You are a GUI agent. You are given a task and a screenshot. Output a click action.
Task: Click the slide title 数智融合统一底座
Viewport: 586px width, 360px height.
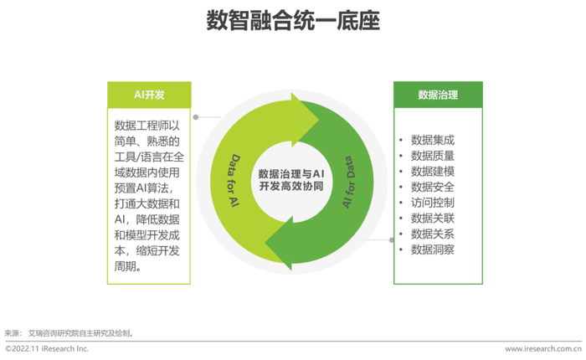click(x=293, y=21)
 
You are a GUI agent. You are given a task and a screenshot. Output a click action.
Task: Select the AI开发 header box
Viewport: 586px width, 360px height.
click(x=149, y=95)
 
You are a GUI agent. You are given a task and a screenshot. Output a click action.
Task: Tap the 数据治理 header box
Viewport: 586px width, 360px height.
click(x=438, y=95)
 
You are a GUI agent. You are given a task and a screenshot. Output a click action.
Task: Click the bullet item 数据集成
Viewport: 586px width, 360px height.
click(x=433, y=140)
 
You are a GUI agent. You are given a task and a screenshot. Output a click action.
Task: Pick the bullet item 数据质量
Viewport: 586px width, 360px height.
click(x=433, y=156)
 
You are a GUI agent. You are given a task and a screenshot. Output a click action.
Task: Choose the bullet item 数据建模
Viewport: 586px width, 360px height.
click(x=433, y=172)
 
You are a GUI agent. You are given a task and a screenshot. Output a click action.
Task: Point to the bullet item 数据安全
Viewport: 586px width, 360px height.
click(x=433, y=187)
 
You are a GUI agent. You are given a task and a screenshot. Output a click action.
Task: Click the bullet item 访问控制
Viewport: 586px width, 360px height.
click(x=433, y=203)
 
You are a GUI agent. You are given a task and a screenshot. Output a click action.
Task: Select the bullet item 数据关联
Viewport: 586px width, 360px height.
click(x=433, y=219)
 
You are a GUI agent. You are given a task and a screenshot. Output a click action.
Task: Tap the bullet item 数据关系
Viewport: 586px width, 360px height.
click(x=433, y=234)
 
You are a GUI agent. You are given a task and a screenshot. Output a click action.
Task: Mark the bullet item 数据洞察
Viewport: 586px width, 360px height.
click(x=433, y=249)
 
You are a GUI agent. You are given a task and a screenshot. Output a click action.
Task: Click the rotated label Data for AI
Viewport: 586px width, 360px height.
click(x=234, y=180)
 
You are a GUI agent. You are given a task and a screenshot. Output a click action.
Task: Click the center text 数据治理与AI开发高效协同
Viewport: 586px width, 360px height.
click(x=291, y=180)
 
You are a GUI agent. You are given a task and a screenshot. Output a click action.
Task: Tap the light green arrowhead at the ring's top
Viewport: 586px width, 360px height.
click(x=305, y=120)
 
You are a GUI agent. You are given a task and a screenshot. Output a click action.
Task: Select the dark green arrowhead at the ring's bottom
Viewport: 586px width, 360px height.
click(x=279, y=244)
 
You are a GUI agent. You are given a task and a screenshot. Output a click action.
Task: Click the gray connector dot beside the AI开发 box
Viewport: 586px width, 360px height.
click(x=195, y=117)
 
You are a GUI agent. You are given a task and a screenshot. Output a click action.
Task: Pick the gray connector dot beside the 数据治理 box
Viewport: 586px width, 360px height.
click(x=391, y=240)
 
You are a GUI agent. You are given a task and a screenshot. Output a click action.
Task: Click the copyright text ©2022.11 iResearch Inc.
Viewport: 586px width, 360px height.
click(x=47, y=349)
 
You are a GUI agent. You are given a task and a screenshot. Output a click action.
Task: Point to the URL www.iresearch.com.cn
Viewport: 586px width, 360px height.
click(x=543, y=349)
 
